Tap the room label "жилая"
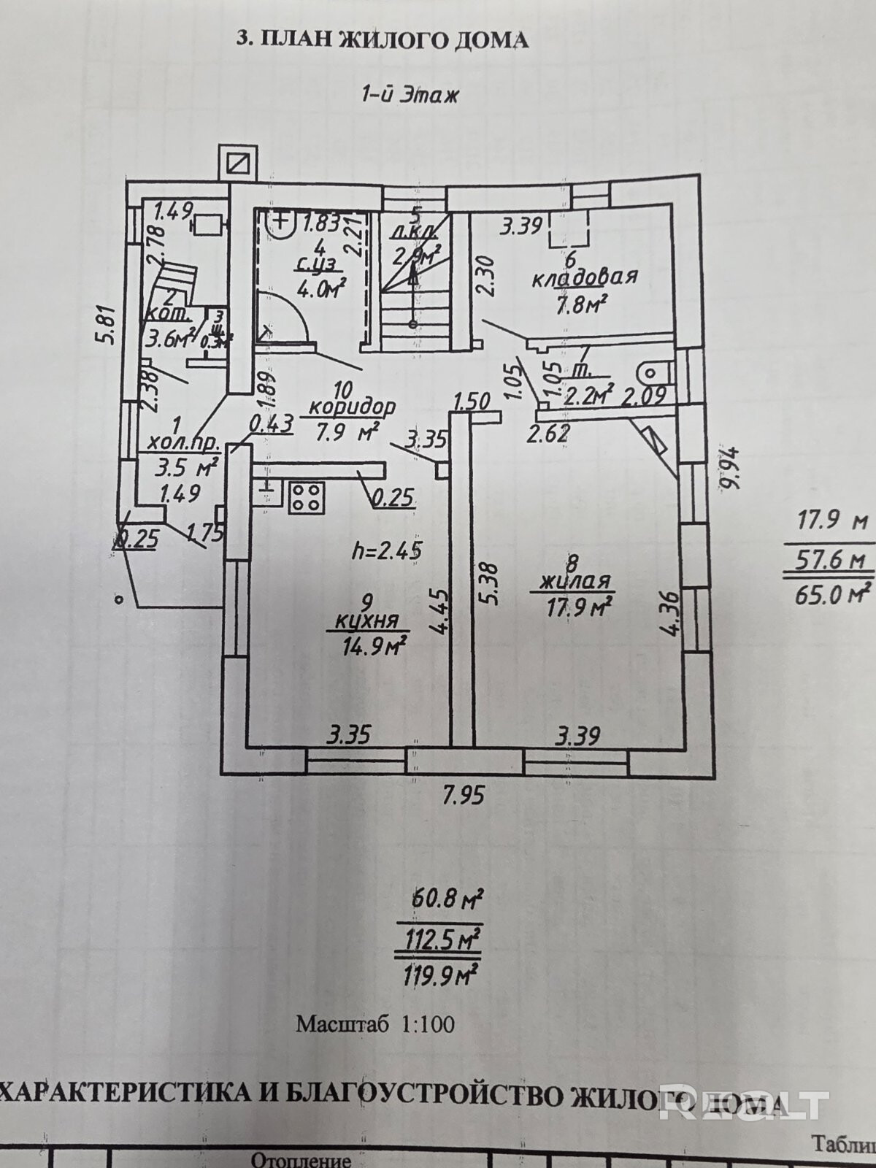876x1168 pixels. [575, 581]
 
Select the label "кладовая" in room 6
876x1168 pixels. [584, 277]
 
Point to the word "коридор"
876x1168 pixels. [352, 406]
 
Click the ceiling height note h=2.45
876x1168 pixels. [387, 550]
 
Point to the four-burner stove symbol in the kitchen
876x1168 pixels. [306, 497]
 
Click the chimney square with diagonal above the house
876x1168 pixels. [239, 163]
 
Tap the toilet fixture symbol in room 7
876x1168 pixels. [655, 372]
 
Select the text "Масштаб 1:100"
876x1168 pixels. [374, 1023]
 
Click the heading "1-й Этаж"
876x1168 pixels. [410, 94]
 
